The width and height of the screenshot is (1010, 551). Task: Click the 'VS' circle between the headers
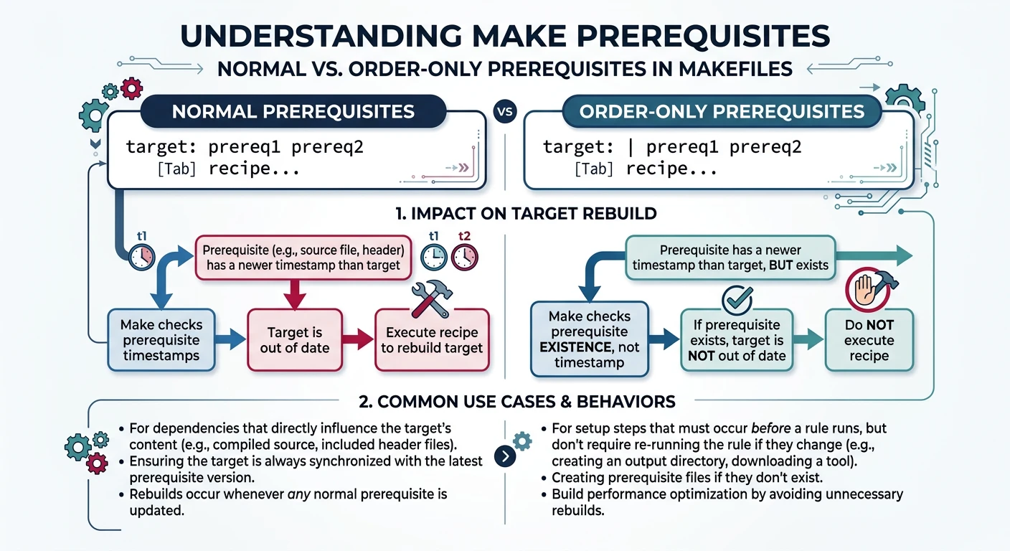click(505, 112)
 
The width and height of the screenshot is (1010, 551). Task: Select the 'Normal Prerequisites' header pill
click(293, 112)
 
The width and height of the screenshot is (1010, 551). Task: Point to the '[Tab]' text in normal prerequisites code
click(176, 169)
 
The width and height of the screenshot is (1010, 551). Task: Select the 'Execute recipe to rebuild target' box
click(432, 340)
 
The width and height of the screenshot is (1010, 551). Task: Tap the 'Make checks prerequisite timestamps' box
click(161, 340)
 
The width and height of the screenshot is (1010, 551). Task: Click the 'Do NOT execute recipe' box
click(869, 340)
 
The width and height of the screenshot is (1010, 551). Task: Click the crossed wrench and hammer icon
click(430, 298)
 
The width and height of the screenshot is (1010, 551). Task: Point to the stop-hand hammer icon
click(868, 288)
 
